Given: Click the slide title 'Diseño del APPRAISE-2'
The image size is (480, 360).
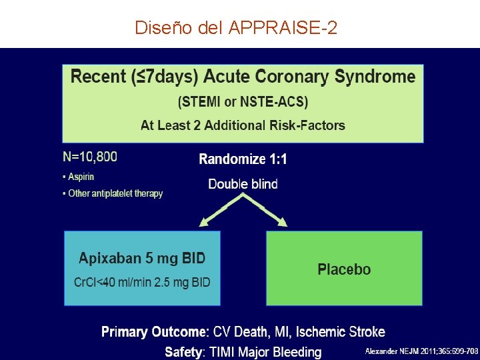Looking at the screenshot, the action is click(x=236, y=28).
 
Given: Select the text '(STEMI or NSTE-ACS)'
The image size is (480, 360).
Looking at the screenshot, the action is click(x=243, y=102).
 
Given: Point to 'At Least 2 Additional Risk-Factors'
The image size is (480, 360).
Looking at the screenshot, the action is click(x=243, y=125).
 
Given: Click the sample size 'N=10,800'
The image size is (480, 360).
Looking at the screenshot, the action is click(x=90, y=157).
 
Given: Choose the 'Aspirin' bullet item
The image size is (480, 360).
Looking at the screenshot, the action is click(x=81, y=177).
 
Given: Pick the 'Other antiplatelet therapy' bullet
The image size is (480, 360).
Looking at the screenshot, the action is click(x=115, y=193).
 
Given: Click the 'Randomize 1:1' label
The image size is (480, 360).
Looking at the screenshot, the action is click(x=243, y=159).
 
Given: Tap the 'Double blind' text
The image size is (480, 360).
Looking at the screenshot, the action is click(x=243, y=184).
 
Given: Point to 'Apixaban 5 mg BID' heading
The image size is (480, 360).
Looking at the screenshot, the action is click(x=142, y=258).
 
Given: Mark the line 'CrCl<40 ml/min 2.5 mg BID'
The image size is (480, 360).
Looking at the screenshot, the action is click(x=142, y=283).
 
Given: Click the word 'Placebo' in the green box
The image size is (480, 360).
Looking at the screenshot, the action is click(x=344, y=269).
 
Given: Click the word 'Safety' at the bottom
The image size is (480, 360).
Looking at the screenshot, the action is click(x=183, y=351).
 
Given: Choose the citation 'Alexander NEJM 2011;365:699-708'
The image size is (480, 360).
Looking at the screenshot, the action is click(x=421, y=351).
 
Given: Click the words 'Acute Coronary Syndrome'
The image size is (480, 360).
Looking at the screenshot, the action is click(x=309, y=77).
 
